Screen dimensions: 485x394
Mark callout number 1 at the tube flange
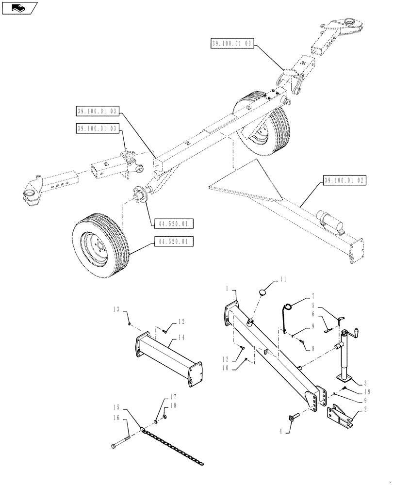pyautogui.click(x=227, y=288)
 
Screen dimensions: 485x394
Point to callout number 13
pyautogui.click(x=116, y=309)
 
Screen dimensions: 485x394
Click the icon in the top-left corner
pyautogui.click(x=18, y=7)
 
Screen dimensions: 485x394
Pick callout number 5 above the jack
pyautogui.click(x=313, y=306)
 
